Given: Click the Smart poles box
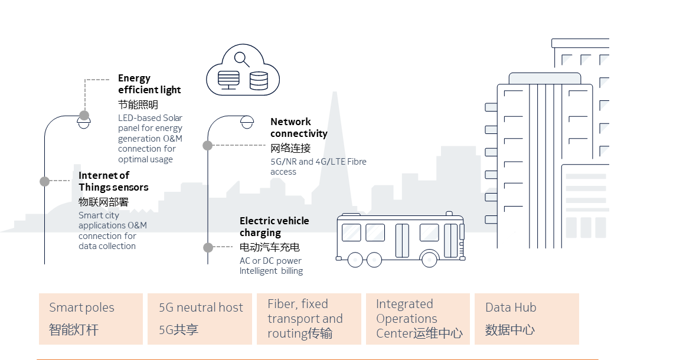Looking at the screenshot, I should [x=91, y=319].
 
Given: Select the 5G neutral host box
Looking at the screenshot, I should [x=200, y=319].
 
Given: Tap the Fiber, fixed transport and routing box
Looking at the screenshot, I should [x=309, y=319].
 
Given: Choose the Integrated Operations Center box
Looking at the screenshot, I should [x=418, y=319].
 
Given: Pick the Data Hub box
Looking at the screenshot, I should [x=527, y=319].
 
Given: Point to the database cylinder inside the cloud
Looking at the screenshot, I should [x=258, y=80].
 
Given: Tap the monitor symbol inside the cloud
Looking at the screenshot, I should [x=228, y=80].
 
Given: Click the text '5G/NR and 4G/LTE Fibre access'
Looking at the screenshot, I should [x=318, y=166].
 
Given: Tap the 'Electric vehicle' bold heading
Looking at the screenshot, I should [x=274, y=221].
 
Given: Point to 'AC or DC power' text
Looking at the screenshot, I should [x=270, y=260].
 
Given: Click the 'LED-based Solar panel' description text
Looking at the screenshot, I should [x=150, y=139].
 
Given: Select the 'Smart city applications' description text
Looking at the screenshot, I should [x=112, y=231].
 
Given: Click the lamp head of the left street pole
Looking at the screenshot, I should [x=84, y=123].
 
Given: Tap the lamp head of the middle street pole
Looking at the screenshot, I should [x=247, y=123].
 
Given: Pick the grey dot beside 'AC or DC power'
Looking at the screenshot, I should [x=208, y=247].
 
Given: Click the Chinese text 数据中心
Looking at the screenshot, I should [x=509, y=329].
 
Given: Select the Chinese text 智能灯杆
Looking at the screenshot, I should [x=73, y=329].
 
